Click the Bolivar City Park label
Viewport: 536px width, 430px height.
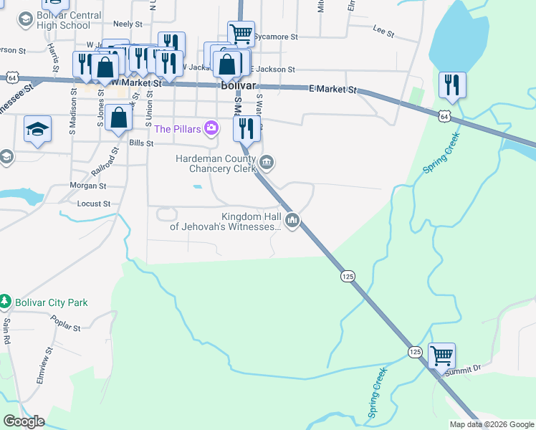tap(49, 302)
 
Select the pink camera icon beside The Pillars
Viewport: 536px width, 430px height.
tap(211, 129)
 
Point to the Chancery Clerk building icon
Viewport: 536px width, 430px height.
tap(267, 163)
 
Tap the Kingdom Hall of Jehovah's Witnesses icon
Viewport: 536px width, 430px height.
tap(292, 220)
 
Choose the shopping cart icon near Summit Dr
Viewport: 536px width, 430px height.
tap(441, 354)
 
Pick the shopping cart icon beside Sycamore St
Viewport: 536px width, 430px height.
tap(241, 32)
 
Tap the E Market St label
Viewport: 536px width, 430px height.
tap(332, 90)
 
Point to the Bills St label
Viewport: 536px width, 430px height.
tap(141, 143)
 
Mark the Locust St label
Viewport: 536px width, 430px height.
tap(93, 204)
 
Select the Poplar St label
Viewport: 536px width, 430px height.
tap(66, 325)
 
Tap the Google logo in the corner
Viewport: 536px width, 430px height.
tap(24, 421)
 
